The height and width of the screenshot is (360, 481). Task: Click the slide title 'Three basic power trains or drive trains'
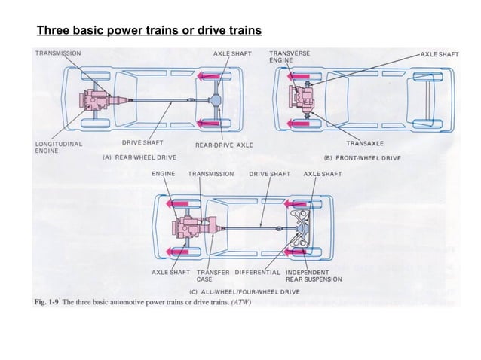pos(149,32)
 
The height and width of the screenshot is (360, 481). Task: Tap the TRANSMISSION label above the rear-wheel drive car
pos(58,53)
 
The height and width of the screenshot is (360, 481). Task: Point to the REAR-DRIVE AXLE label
pos(224,144)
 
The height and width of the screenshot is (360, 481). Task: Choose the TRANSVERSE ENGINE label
pos(289,56)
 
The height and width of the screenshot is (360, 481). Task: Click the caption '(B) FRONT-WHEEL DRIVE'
pos(363,157)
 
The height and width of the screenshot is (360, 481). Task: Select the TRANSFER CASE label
pos(213,275)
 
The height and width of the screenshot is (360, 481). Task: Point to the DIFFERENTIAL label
pos(259,271)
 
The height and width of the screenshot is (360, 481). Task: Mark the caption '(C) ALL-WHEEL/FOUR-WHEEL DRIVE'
pos(245,290)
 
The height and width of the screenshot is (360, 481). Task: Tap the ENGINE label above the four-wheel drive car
pos(164,173)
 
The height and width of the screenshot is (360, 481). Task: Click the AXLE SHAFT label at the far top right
pos(439,54)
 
